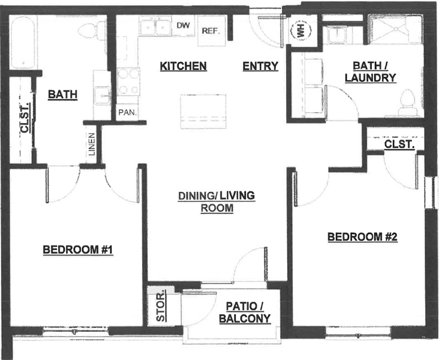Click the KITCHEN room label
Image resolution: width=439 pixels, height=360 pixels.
(x=184, y=67)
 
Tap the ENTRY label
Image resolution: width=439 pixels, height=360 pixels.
(x=260, y=67)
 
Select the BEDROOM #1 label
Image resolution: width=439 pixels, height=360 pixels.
(x=78, y=250)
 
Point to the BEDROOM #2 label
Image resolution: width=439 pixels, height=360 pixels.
(x=363, y=237)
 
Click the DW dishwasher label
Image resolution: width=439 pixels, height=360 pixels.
(x=183, y=25)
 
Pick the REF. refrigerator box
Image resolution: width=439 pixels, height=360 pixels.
(x=212, y=31)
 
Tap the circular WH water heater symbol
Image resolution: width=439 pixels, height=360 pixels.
(x=301, y=31)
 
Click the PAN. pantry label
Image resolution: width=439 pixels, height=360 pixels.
(x=128, y=113)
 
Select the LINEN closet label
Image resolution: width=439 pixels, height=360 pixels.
(x=92, y=144)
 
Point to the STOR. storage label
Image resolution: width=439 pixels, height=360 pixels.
(x=161, y=307)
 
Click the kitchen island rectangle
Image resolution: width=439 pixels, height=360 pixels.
(x=203, y=112)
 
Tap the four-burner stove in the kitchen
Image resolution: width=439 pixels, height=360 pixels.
(x=128, y=82)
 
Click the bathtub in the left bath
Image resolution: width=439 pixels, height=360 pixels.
(x=23, y=43)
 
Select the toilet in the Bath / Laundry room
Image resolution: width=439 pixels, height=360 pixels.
(x=408, y=103)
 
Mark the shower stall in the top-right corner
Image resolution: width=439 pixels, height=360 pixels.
(x=395, y=29)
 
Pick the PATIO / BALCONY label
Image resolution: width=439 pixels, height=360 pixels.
(x=245, y=313)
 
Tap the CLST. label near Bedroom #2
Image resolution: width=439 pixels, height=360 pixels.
(x=399, y=144)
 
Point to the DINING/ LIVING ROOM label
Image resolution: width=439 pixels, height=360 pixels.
(x=217, y=202)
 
